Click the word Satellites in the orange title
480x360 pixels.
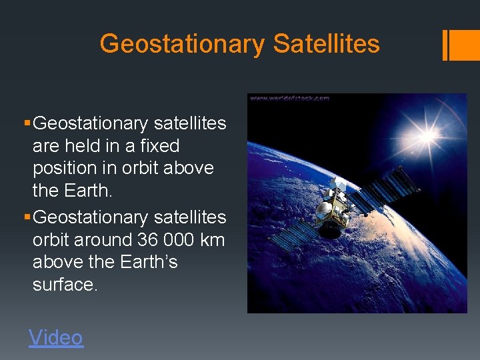(326, 45)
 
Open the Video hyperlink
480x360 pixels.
(56, 337)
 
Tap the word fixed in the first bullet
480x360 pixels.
(158, 145)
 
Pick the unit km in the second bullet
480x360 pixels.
(212, 239)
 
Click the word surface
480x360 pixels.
(65, 285)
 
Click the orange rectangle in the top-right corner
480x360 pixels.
(461, 45)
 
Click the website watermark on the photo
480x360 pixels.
(289, 98)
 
